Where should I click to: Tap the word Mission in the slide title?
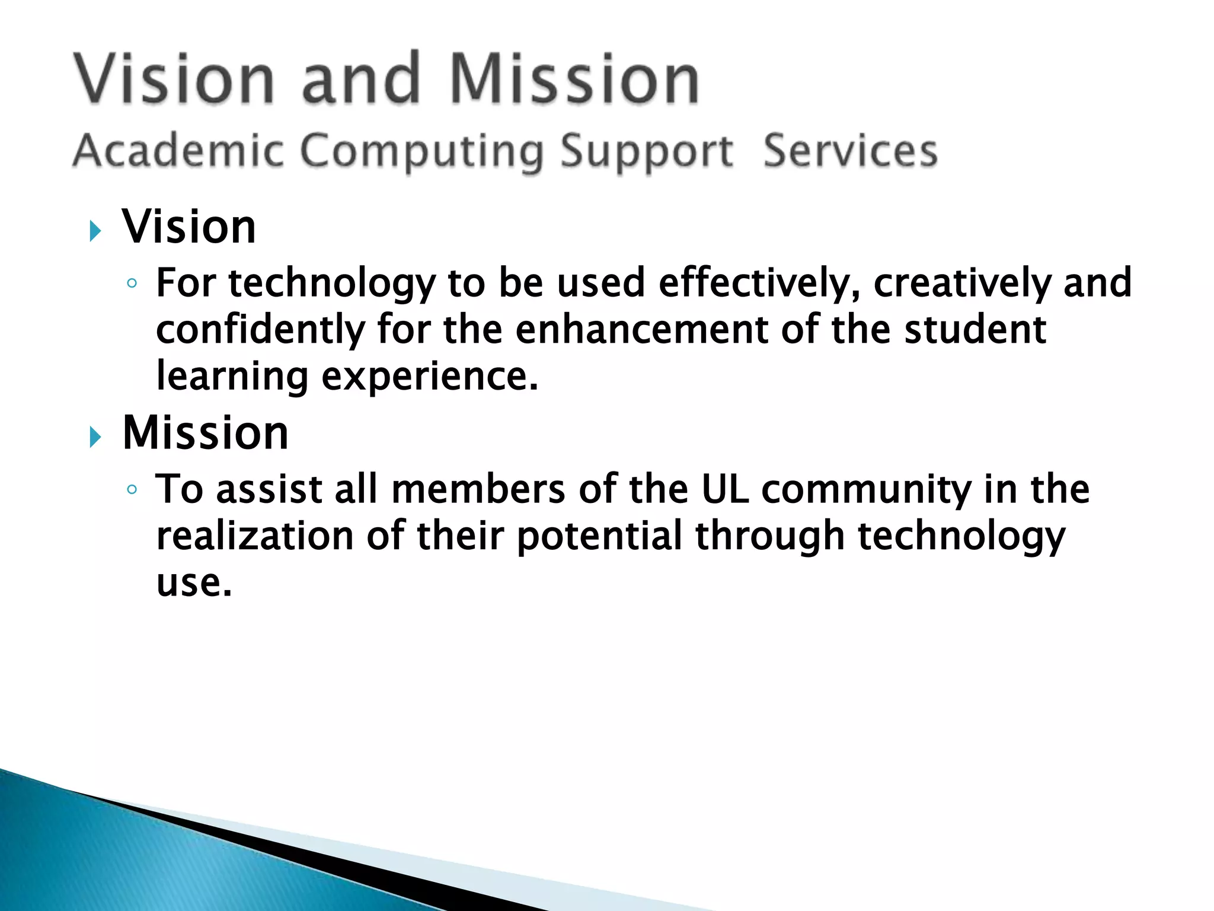click(574, 79)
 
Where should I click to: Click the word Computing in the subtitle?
click(421, 152)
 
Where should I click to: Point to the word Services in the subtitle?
click(850, 151)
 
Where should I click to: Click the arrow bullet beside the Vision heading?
click(95, 231)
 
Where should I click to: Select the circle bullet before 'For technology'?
click(132, 284)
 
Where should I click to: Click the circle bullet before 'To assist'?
click(132, 490)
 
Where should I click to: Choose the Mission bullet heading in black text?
click(205, 433)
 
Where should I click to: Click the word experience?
click(430, 376)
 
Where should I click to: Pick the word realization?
click(255, 536)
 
